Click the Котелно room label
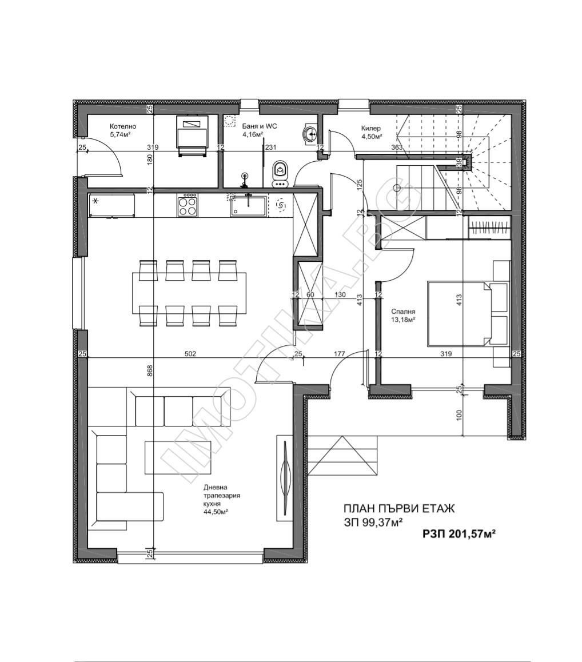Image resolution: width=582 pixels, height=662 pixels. click(123, 126)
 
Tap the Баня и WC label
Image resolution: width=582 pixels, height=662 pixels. click(260, 126)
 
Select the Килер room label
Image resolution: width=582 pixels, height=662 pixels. click(371, 129)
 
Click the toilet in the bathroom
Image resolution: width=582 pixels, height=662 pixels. click(280, 174)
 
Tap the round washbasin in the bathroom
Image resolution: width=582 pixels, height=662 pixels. click(311, 134)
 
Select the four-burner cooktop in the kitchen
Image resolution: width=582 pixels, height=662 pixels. click(187, 206)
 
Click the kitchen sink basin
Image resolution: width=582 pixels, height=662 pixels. click(248, 206)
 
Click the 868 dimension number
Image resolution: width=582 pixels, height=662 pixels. click(150, 370)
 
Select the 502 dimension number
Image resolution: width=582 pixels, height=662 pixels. click(190, 354)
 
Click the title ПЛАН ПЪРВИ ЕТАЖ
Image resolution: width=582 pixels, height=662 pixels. click(398, 509)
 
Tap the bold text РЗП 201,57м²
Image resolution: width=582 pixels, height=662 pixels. click(459, 534)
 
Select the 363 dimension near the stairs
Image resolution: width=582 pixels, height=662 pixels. click(397, 147)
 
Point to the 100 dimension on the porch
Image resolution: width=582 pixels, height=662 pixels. click(460, 414)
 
